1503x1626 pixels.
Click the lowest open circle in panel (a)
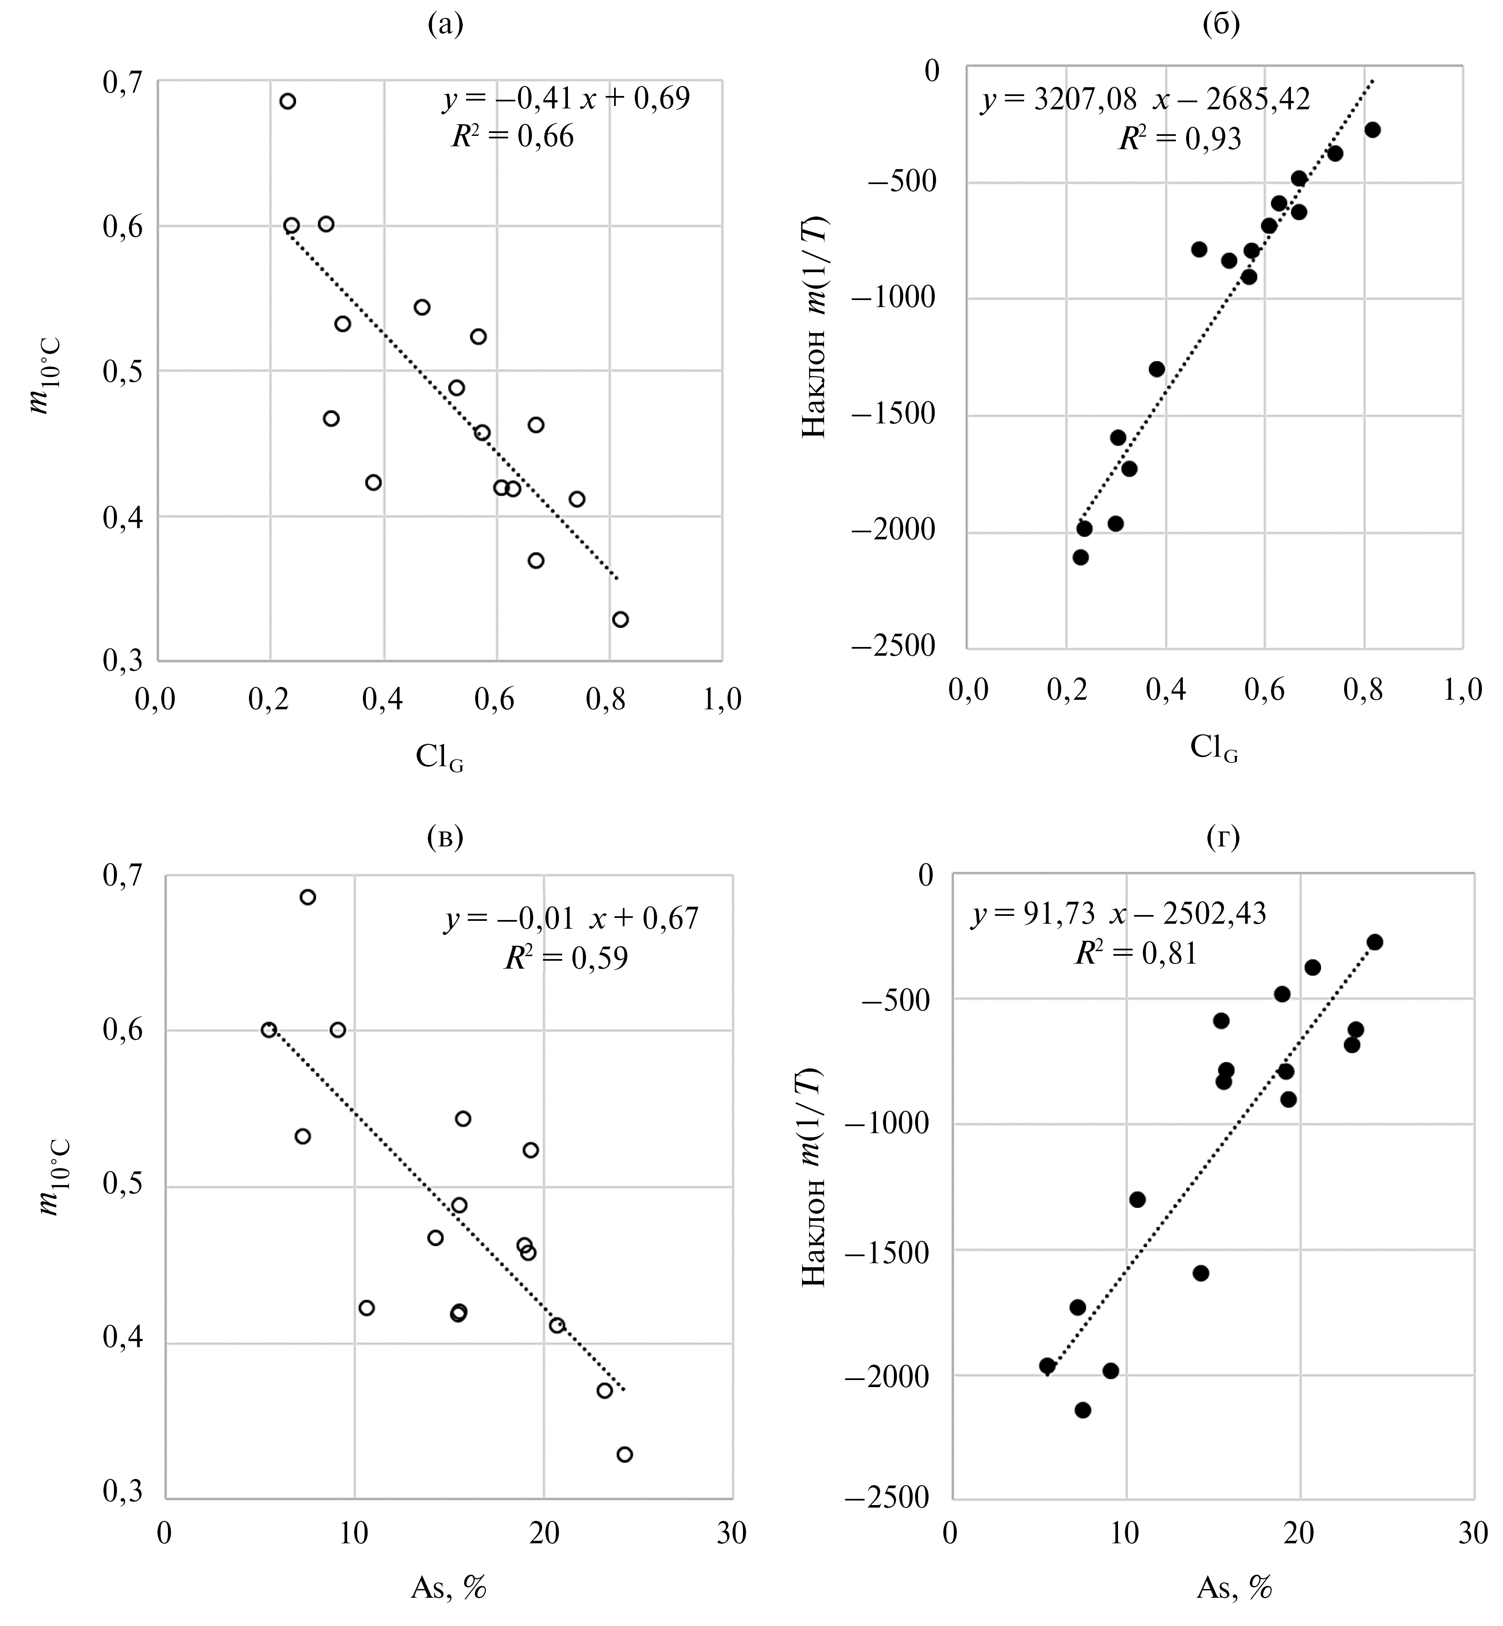point(621,620)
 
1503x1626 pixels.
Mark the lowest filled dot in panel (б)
point(1081,557)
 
